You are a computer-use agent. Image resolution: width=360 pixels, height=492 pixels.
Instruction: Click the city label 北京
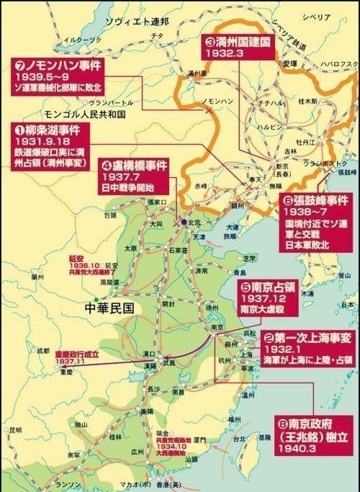(194, 223)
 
